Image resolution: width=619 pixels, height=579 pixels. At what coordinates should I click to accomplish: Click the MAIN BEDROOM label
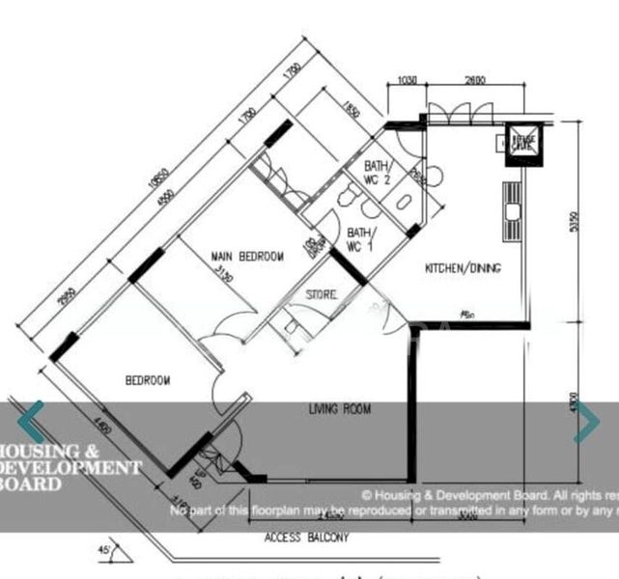pos(248,257)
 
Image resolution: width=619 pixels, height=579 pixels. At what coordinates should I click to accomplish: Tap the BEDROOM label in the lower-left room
pos(148,380)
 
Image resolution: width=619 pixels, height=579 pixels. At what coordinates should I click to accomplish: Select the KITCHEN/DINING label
pos(464,268)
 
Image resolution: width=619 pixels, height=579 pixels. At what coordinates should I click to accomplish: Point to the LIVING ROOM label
pos(340,410)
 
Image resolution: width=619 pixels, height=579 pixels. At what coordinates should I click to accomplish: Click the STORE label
pos(322,294)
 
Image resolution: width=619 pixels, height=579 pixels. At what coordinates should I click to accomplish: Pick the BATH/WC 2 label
pos(378,173)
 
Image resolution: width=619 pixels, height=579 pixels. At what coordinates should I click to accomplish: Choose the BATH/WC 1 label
pos(359,239)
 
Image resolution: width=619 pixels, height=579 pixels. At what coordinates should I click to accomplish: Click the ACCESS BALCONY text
pos(306,537)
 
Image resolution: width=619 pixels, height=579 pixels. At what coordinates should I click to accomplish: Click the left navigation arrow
pos(32,422)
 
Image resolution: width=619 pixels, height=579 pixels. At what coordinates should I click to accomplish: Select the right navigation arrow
pos(586,423)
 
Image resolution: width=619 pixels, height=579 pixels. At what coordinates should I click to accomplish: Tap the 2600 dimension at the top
pos(475,81)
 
